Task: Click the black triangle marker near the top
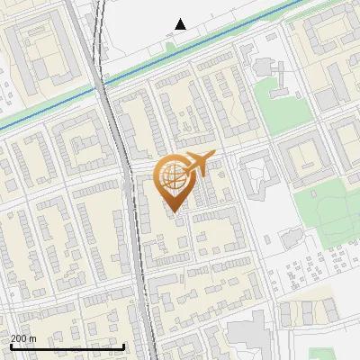click(181, 24)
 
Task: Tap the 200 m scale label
click(23, 338)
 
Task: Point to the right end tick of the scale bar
click(123, 345)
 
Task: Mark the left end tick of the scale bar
click(11, 345)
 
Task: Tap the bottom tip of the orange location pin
click(172, 211)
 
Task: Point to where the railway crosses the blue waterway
click(101, 82)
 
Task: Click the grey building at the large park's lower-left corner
click(292, 238)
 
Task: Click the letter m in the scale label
click(31, 338)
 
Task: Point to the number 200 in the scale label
click(20, 338)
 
